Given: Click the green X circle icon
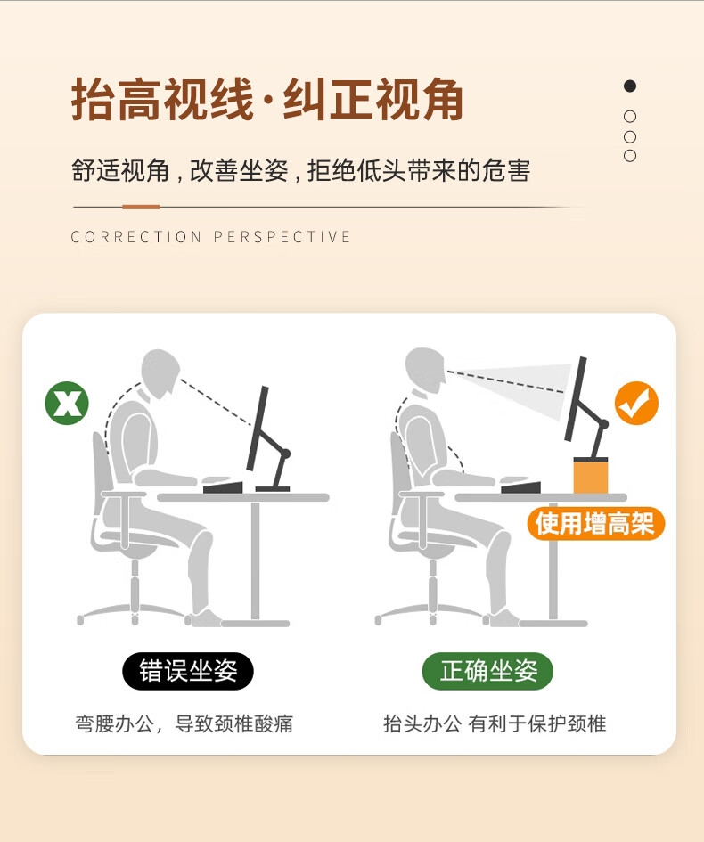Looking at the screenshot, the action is [67, 403].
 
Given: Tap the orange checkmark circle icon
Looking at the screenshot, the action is [636, 403].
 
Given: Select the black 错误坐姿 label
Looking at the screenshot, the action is [188, 671].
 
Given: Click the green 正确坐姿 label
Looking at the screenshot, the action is [487, 671].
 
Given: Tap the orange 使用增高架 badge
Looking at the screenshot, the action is [595, 524].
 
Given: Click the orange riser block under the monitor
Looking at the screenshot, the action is [591, 475].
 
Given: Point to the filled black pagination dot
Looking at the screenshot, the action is [630, 86].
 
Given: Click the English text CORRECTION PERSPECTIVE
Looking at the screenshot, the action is [210, 237].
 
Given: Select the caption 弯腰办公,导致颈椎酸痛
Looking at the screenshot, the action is [184, 723].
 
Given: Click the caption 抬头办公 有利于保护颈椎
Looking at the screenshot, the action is [495, 723].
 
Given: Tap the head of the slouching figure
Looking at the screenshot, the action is [160, 373].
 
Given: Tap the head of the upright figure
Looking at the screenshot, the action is [425, 371].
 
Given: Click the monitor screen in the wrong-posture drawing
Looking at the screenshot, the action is [258, 429].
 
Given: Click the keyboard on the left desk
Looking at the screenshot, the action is [223, 487].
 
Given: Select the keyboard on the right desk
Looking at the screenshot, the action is [521, 486].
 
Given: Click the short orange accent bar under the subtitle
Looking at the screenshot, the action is [141, 207].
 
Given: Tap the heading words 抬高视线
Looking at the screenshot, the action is [162, 100].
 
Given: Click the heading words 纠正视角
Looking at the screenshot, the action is [372, 100].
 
